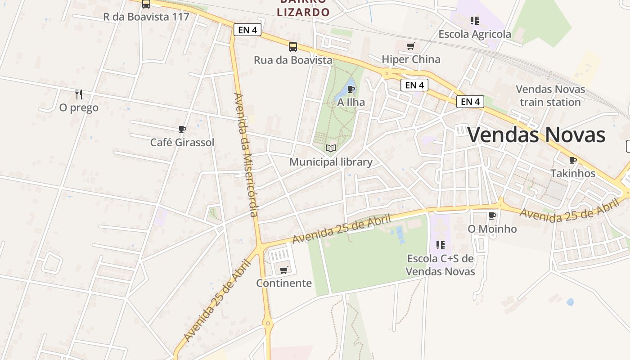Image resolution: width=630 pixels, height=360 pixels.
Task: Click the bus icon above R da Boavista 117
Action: (x=146, y=4)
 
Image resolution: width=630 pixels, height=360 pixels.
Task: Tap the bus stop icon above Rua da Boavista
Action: (x=293, y=46)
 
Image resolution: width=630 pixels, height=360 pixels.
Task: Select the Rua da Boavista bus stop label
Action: (x=293, y=60)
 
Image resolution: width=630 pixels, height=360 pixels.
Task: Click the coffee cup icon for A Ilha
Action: (x=351, y=89)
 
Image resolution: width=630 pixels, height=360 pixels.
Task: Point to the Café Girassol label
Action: (x=182, y=143)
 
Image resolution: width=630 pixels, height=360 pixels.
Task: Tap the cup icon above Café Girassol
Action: (x=182, y=130)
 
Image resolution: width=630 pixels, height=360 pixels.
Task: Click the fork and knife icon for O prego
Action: (x=79, y=94)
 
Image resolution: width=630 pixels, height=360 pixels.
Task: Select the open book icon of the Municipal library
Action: (x=331, y=148)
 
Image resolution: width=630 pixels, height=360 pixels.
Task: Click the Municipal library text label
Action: (x=331, y=162)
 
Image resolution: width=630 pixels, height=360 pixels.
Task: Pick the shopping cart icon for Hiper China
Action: (x=410, y=46)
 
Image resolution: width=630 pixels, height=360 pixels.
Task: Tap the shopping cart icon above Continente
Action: (x=283, y=270)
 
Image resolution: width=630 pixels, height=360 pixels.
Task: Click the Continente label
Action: (x=284, y=283)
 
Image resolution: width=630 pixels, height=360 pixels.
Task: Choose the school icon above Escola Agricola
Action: (x=474, y=21)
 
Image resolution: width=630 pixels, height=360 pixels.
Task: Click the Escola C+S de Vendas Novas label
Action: (x=440, y=265)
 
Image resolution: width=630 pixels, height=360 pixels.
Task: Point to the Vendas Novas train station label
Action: (x=550, y=96)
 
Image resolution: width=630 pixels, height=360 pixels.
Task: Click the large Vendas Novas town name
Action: (x=537, y=135)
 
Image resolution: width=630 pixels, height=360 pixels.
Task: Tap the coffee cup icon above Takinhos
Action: (x=572, y=160)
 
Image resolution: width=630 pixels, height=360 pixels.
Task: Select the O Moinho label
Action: (x=492, y=229)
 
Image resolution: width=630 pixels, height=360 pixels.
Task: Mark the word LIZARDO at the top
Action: (x=303, y=12)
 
